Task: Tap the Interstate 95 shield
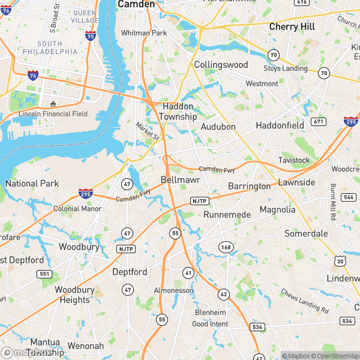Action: pyautogui.click(x=91, y=37)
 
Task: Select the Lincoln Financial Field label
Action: pyautogui.click(x=53, y=114)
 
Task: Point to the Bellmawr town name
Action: pyautogui.click(x=180, y=180)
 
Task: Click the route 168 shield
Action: pyautogui.click(x=226, y=247)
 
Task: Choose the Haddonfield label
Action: pyautogui.click(x=280, y=125)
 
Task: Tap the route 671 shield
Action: pyautogui.click(x=318, y=122)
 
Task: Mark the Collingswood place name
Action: pyautogui.click(x=221, y=64)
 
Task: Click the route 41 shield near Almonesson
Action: pyautogui.click(x=188, y=272)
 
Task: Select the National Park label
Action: pyautogui.click(x=32, y=183)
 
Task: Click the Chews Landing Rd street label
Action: pyautogui.click(x=305, y=301)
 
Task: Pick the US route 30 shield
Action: pyautogui.click(x=340, y=261)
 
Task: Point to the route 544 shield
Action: pyautogui.click(x=349, y=197)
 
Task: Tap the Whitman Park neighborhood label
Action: pyautogui.click(x=143, y=33)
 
